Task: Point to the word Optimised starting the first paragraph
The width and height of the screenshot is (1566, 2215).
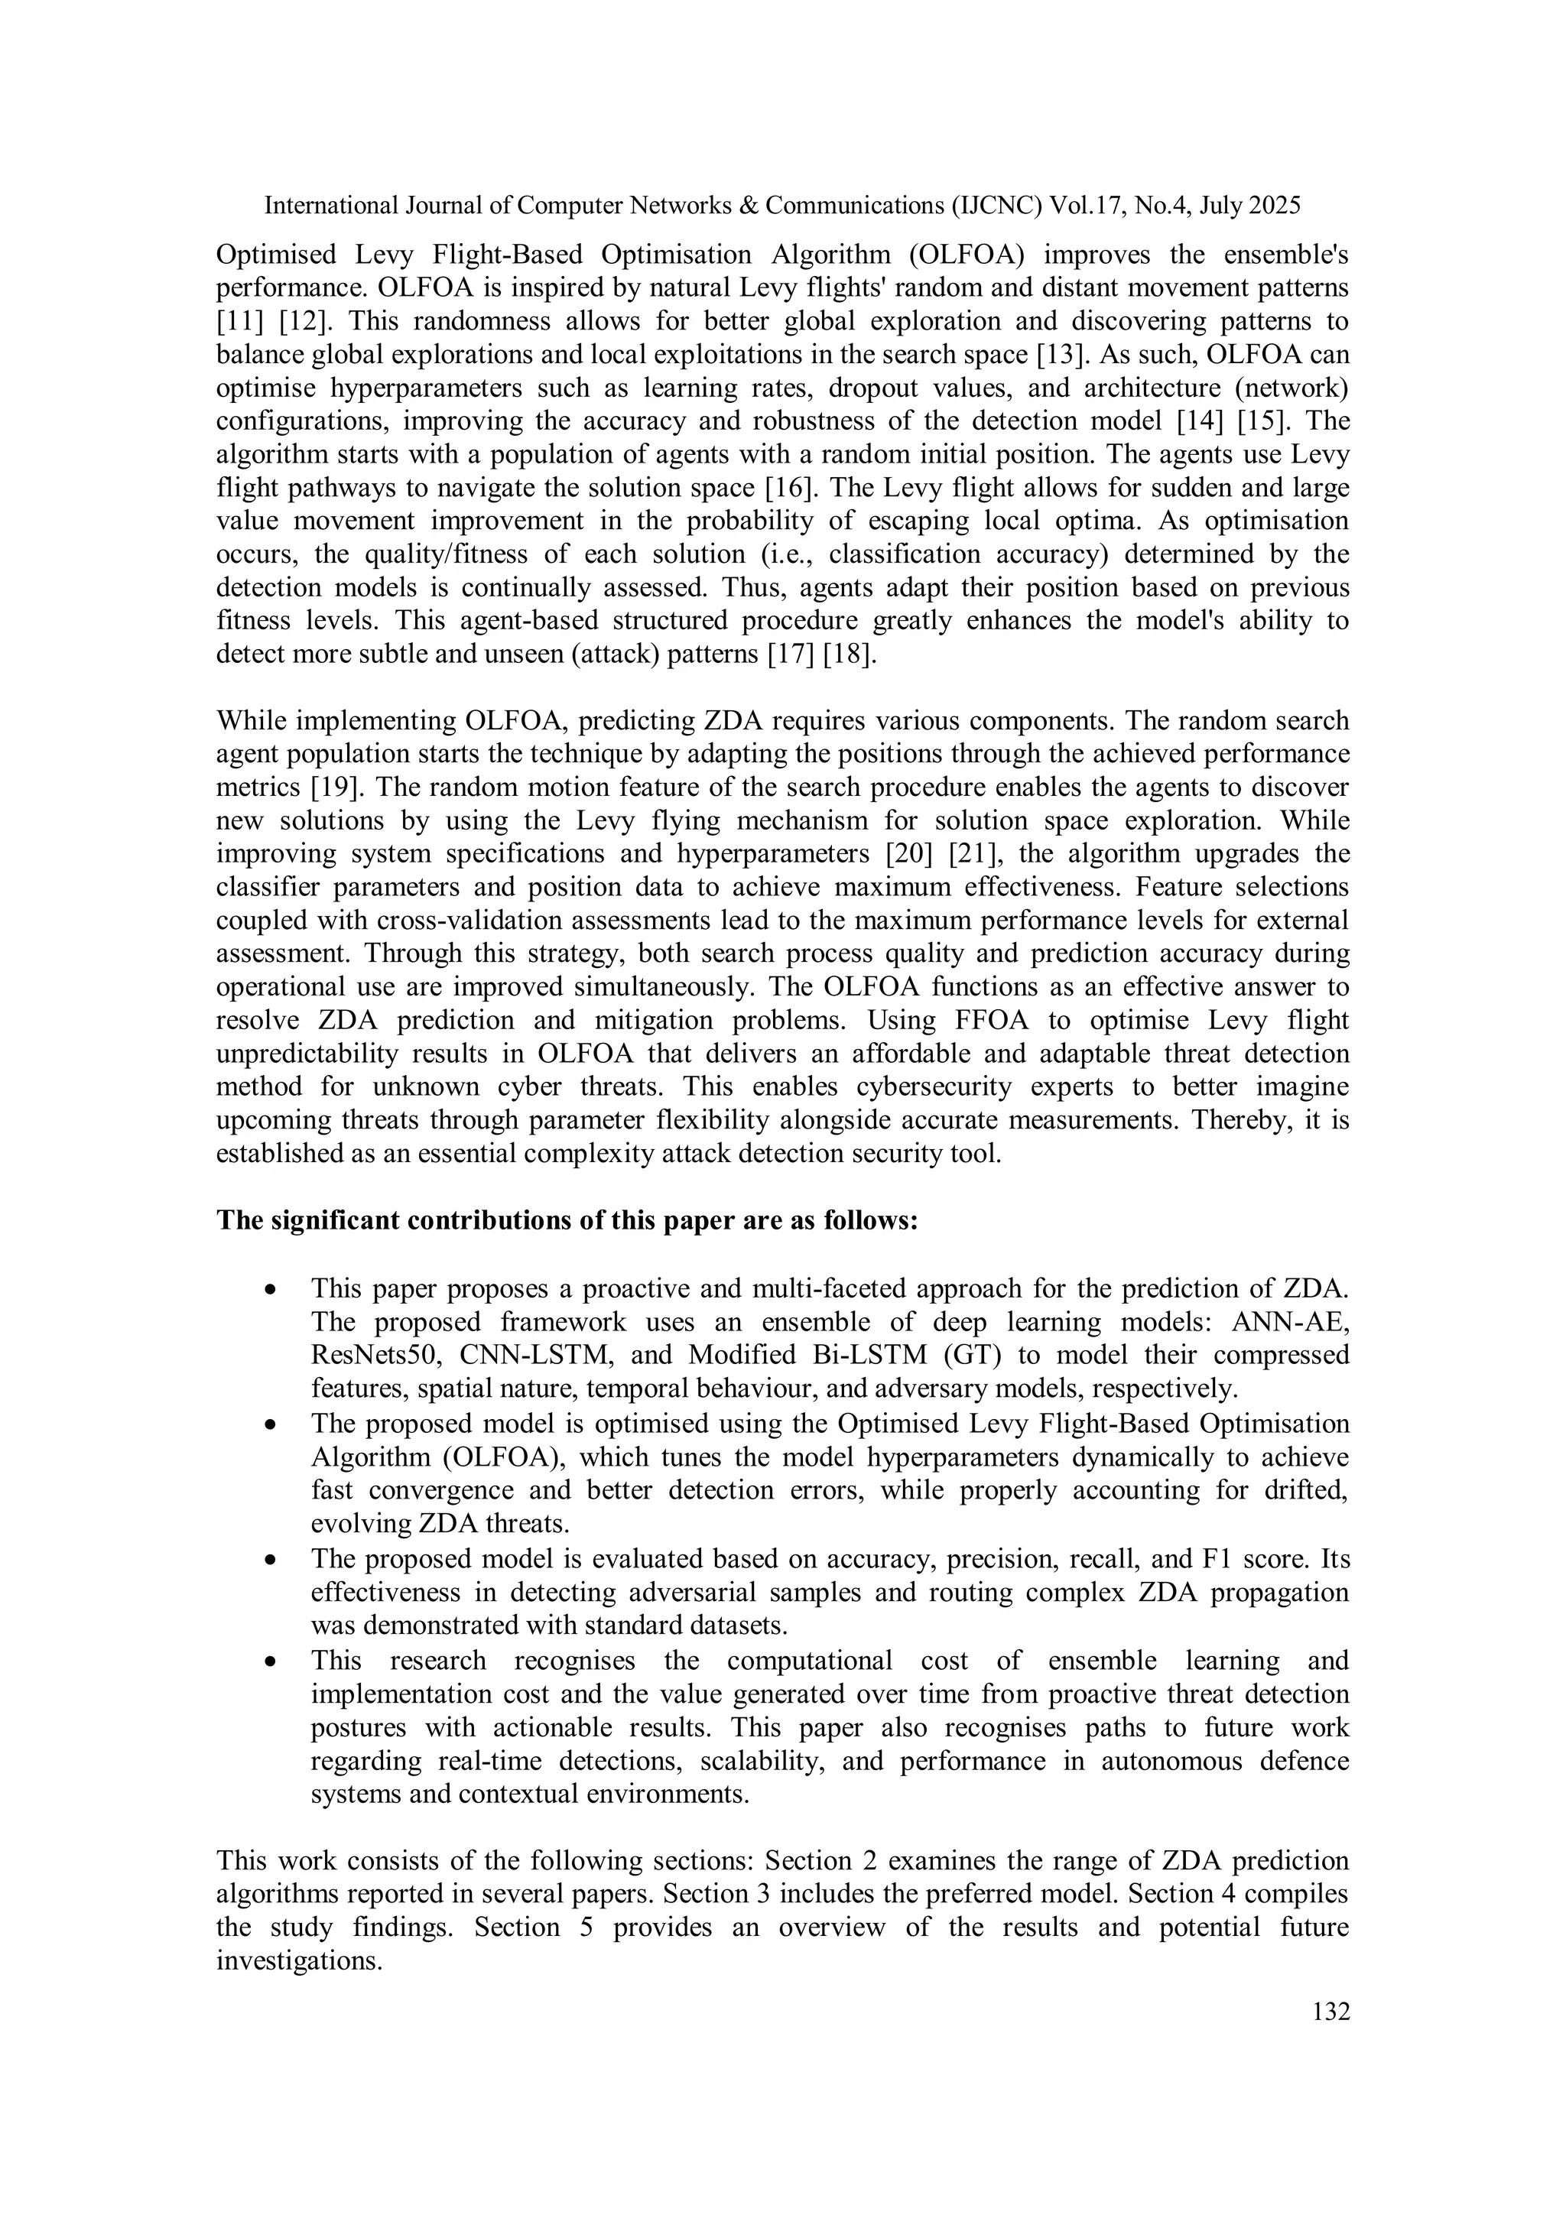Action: point(276,255)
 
